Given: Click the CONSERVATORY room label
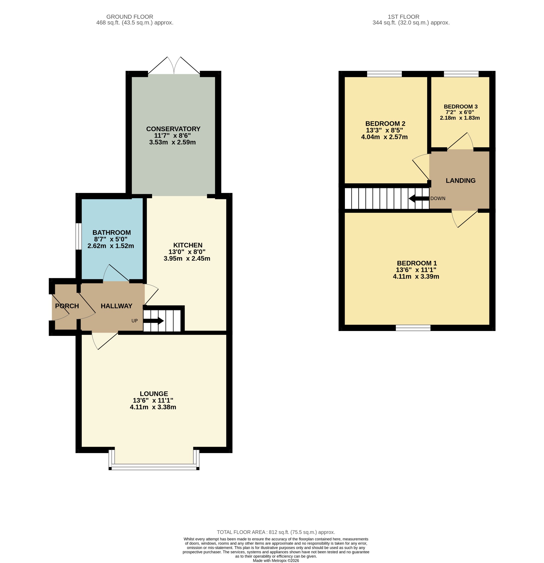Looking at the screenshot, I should coord(173,129).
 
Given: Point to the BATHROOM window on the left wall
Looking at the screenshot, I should coord(78,236).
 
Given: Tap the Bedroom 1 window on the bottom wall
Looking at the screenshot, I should coord(413,328).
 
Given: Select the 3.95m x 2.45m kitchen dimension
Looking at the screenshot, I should coord(187,258).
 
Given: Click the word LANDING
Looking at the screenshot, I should coord(460,181).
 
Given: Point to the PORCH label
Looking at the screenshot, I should coord(67,306).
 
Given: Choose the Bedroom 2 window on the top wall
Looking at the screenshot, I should coord(384,74).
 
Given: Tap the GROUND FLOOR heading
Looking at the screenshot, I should coord(130,17).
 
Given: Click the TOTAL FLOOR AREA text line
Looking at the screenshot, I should coord(276,532).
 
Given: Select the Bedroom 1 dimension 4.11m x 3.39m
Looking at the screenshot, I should coord(416,277).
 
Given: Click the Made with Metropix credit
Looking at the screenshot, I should coord(276,561).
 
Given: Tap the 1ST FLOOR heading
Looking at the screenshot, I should coord(403,17).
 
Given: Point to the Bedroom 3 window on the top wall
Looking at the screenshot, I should coord(461,74).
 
